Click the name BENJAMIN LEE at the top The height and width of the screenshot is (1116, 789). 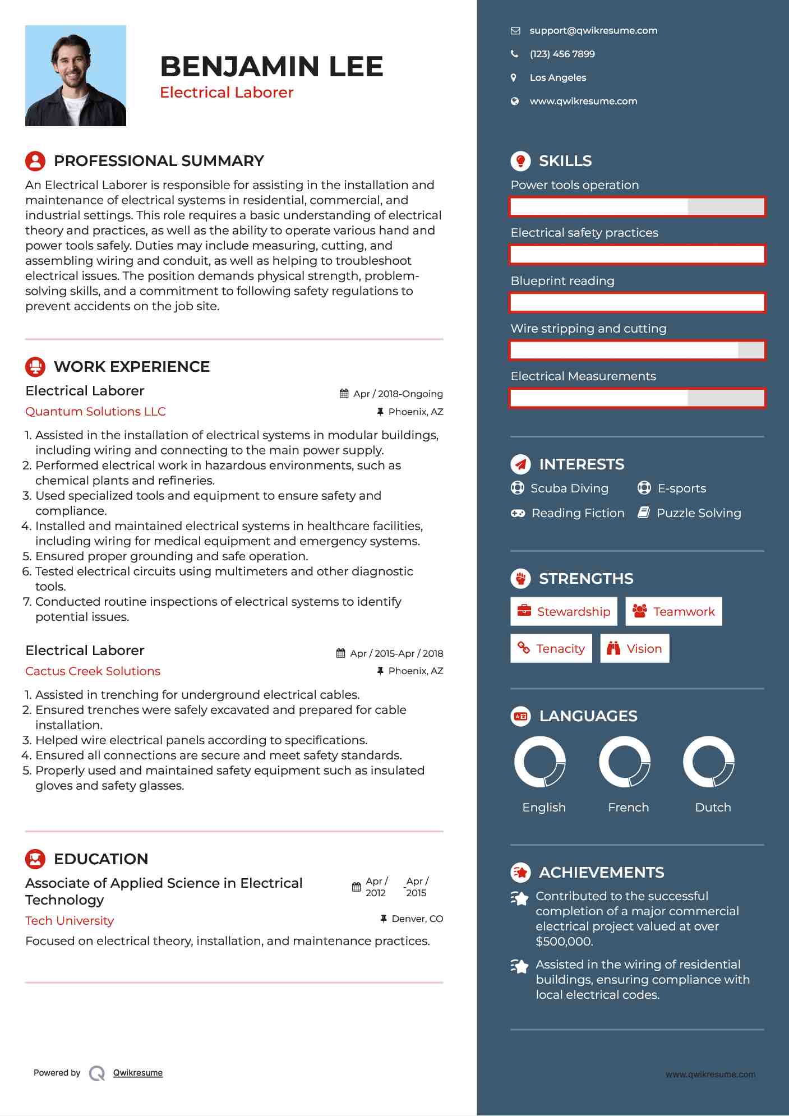click(x=271, y=67)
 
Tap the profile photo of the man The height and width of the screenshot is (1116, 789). click(x=76, y=76)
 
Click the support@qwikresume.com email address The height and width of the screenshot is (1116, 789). click(x=593, y=31)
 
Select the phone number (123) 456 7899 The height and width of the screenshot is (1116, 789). click(x=562, y=54)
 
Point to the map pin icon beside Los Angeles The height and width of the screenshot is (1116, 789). click(x=514, y=78)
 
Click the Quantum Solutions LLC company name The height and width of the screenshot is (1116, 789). click(x=95, y=412)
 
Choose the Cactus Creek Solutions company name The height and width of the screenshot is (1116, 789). click(x=93, y=671)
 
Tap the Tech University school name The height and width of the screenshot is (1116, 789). click(x=70, y=921)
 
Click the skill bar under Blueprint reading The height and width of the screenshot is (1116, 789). click(x=637, y=303)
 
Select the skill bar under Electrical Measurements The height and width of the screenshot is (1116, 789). click(x=637, y=398)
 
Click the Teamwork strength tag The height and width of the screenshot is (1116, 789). click(x=673, y=612)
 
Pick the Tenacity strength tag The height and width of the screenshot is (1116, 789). click(x=551, y=649)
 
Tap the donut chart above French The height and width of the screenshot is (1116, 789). click(x=624, y=762)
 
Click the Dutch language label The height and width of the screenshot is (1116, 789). click(x=713, y=808)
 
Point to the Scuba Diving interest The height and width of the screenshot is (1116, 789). click(x=569, y=488)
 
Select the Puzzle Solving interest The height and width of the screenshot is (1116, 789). click(x=698, y=513)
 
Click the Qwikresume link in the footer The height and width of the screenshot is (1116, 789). click(x=138, y=1073)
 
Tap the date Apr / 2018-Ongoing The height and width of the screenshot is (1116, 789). click(x=398, y=394)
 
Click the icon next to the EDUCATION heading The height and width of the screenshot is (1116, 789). click(x=35, y=859)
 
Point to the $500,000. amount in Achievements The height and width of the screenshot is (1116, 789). click(x=564, y=942)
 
